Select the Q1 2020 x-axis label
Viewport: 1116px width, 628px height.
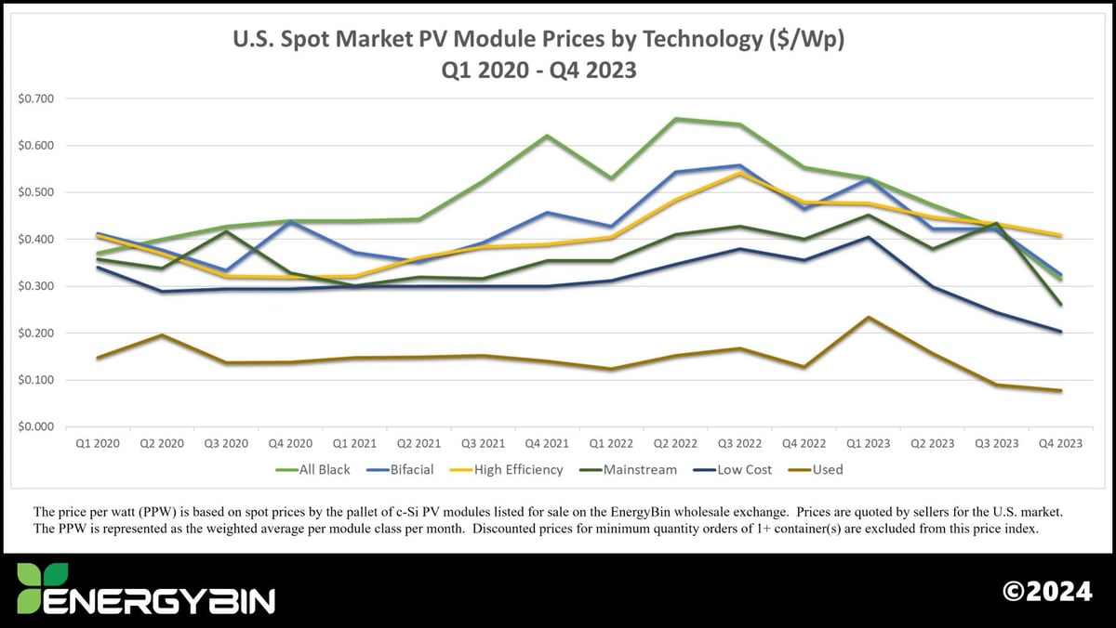click(96, 444)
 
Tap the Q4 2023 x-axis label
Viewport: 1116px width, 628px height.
click(1060, 444)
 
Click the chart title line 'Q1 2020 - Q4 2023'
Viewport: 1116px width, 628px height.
click(538, 70)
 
